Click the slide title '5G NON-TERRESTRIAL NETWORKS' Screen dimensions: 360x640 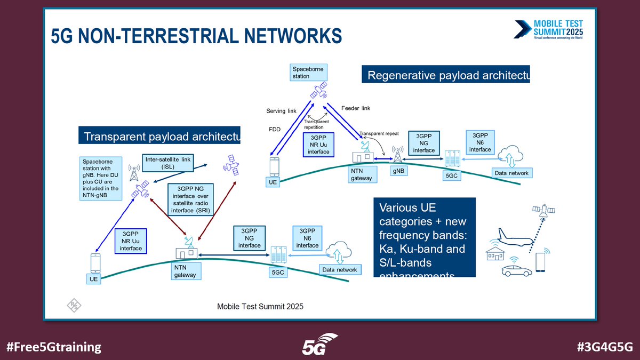click(x=196, y=36)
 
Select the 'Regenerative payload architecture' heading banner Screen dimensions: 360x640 click(x=446, y=74)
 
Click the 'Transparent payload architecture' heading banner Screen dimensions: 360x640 click(x=159, y=135)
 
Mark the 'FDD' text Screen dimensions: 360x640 click(x=274, y=129)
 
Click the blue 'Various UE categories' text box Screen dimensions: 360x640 click(x=424, y=238)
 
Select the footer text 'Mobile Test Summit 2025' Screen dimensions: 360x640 click(x=260, y=307)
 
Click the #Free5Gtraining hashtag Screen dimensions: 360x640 click(x=54, y=347)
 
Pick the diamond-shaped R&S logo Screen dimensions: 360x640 click(x=73, y=305)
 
